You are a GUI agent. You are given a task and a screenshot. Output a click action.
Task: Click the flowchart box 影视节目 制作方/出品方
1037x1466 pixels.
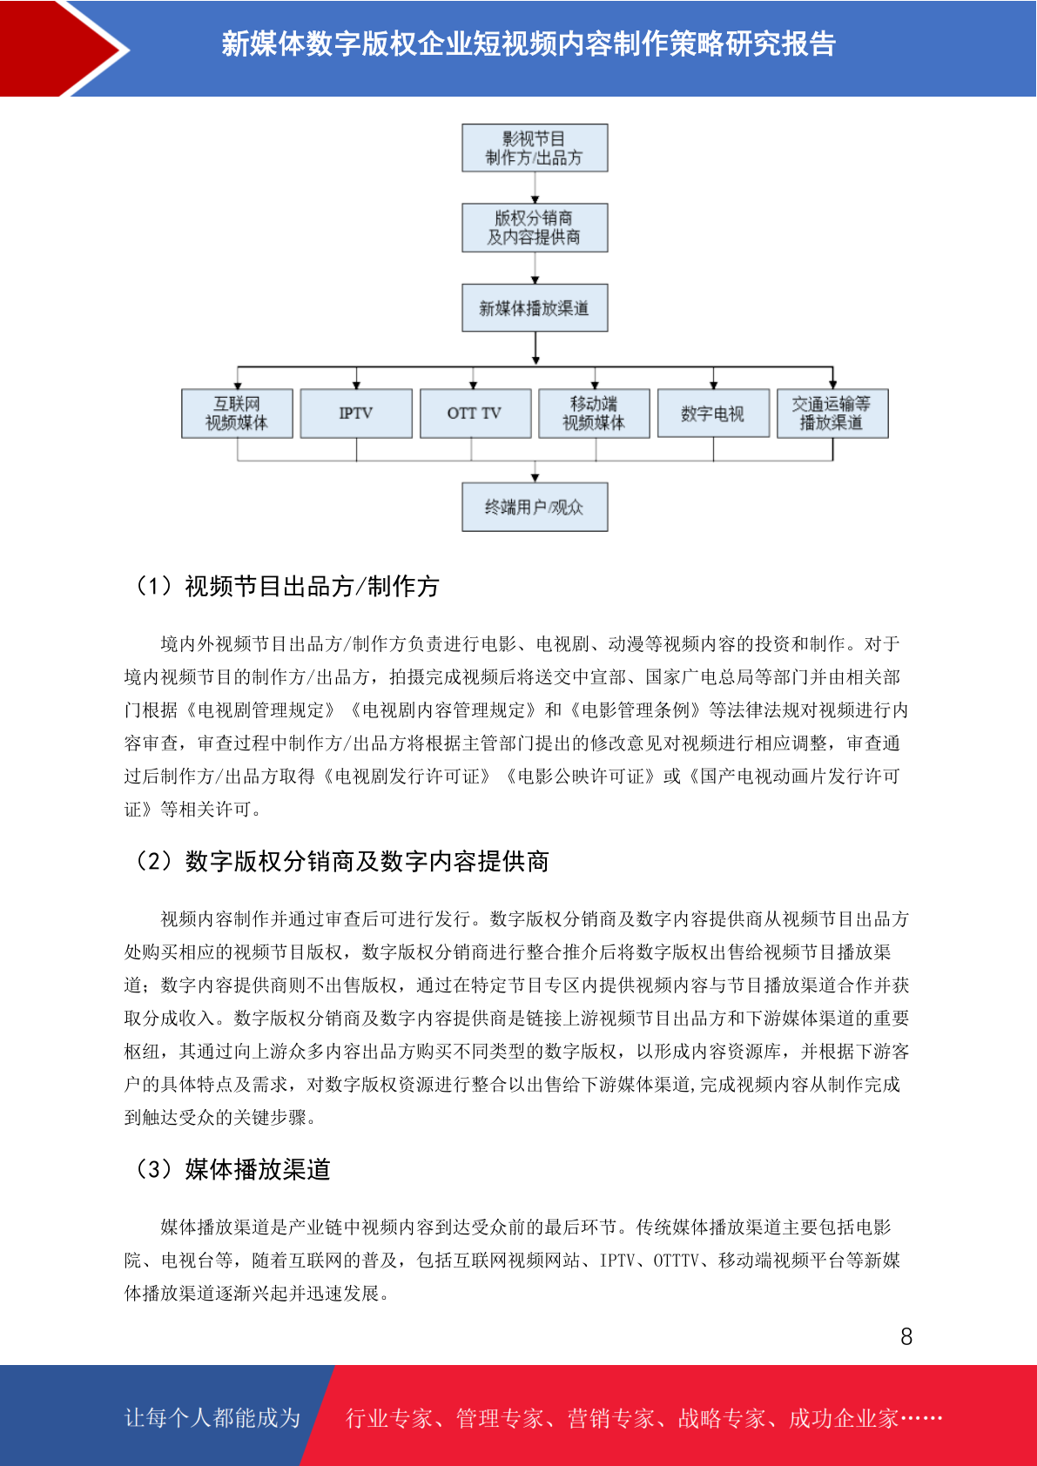coord(535,148)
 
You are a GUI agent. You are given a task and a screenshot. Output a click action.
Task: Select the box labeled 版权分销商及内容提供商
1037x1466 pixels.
coord(535,228)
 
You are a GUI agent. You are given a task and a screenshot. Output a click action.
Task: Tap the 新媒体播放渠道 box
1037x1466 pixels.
coord(535,307)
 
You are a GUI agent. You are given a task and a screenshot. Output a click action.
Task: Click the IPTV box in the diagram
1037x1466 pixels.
coord(356,414)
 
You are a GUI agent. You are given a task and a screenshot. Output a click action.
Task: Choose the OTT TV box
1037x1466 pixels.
coord(475,414)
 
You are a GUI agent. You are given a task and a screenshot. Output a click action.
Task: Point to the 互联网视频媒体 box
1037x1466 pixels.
coord(237,414)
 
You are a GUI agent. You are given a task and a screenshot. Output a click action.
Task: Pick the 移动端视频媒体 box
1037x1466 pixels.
coord(594,414)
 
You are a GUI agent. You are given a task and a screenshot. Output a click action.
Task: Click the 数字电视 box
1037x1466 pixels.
coord(713,414)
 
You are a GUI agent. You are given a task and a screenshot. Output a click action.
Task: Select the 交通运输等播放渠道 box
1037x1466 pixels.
coord(832,414)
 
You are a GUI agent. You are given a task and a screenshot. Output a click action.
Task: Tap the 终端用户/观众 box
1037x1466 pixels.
coord(535,508)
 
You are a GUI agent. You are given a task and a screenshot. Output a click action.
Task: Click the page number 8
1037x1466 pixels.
coord(906,1335)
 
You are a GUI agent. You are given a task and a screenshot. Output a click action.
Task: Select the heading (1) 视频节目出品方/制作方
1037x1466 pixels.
coord(286,587)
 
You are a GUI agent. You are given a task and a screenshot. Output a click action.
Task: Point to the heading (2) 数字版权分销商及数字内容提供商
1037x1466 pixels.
coord(341,861)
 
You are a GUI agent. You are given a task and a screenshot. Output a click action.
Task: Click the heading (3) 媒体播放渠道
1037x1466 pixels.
coord(232,1169)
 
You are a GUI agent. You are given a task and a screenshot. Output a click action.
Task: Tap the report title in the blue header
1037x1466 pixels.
coord(529,44)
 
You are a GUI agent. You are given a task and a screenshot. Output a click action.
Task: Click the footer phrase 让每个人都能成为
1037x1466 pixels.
coord(212,1417)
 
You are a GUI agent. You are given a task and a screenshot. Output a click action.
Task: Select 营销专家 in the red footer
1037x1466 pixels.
coord(610,1418)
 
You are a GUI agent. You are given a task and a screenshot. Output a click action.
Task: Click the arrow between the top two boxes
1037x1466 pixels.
coord(535,188)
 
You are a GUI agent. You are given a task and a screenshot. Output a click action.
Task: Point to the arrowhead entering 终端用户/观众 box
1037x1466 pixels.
coord(535,479)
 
